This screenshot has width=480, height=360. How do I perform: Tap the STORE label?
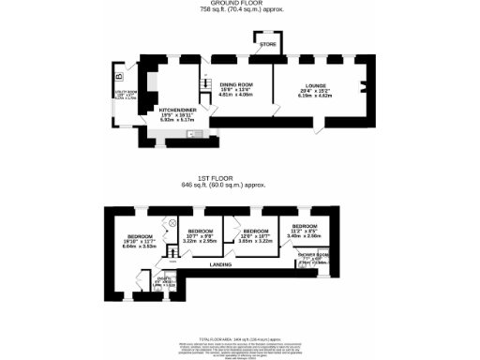pyautogui.click(x=268, y=44)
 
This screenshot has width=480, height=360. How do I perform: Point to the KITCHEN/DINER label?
pyautogui.click(x=176, y=109)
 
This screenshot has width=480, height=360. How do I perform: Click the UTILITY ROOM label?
pyautogui.click(x=124, y=93)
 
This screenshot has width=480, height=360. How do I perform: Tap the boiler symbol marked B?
pyautogui.click(x=117, y=74)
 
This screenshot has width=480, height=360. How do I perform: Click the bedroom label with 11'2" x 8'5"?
pyautogui.click(x=304, y=226)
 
